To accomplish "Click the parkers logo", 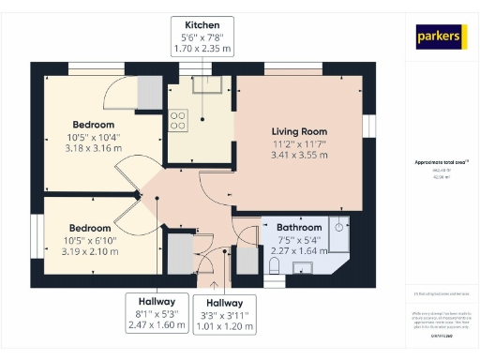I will tap(442, 37).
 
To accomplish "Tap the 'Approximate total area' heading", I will tap(441, 162).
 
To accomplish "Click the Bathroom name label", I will tap(299, 227).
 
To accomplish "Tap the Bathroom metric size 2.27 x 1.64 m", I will tap(299, 250).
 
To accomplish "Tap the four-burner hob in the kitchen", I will tap(178, 119).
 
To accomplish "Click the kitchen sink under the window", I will tap(205, 86).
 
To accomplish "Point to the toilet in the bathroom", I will tap(273, 266).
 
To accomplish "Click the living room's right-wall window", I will tap(368, 127).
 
